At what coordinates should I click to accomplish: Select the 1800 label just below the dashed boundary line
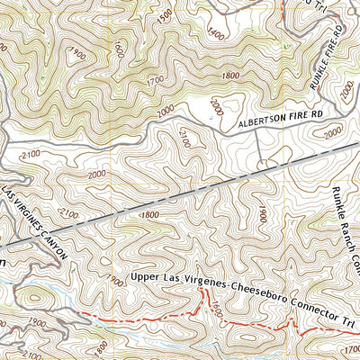148,215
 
